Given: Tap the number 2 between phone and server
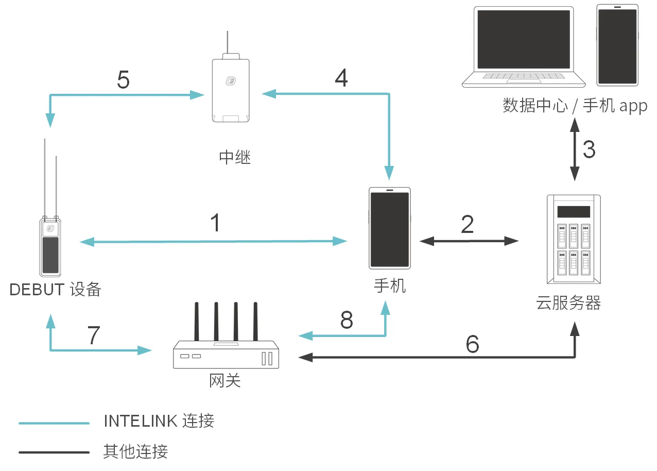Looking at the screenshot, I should tap(467, 224).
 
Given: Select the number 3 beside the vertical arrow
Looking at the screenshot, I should tap(589, 149).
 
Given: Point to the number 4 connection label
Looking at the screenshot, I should tap(341, 78).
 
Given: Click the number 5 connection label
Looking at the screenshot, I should tap(123, 79).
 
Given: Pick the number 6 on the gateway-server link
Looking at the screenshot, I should tap(472, 344).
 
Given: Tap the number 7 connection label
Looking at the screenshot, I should tap(93, 335).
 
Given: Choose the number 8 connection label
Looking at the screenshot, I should tap(347, 320).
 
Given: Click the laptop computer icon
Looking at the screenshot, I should tap(524, 47).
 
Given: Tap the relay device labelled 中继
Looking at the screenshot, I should tap(231, 90).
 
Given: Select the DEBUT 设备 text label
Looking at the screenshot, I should tap(56, 290).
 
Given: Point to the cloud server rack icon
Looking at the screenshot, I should tap(573, 239).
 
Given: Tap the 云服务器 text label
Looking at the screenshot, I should tap(568, 303).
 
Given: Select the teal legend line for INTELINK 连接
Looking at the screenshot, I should tap(54, 424).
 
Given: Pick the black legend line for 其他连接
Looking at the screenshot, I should tap(54, 452).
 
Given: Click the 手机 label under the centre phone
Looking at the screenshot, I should tap(390, 285).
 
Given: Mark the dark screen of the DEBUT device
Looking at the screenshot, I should tap(50, 255).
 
